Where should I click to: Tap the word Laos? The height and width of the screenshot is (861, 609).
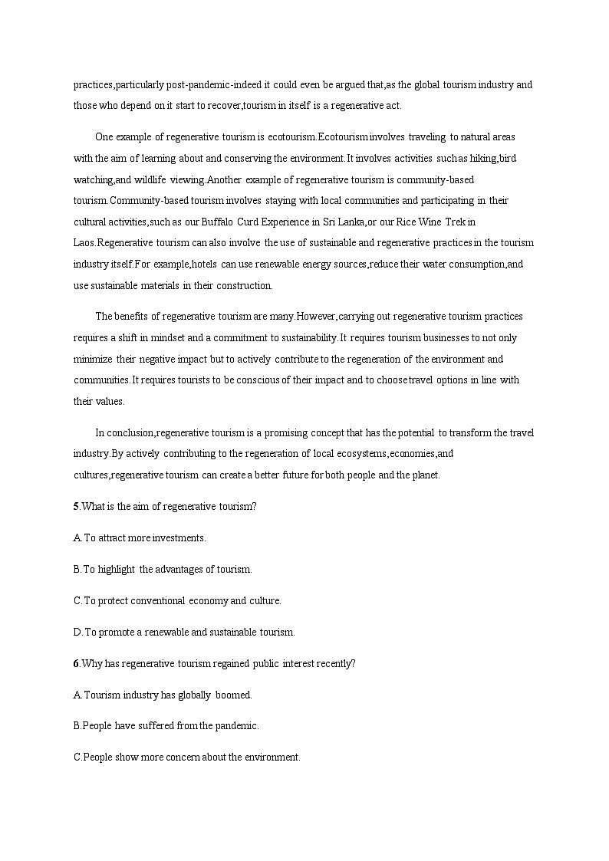tap(84, 243)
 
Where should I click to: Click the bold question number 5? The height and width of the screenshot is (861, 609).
tap(76, 506)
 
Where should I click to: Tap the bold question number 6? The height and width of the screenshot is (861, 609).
tap(76, 664)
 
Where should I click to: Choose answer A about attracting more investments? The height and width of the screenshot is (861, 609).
tap(140, 538)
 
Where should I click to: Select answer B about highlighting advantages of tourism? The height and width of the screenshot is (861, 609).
tap(163, 570)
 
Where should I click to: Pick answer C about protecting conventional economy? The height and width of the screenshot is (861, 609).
tap(177, 601)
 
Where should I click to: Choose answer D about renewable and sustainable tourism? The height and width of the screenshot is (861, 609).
tap(184, 633)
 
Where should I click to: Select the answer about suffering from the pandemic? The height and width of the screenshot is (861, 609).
tap(166, 725)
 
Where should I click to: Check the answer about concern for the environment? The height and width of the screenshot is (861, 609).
tap(187, 757)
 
